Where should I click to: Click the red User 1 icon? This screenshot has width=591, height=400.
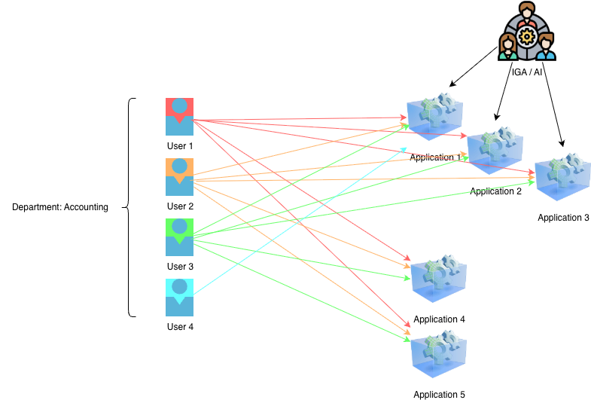click(x=179, y=116)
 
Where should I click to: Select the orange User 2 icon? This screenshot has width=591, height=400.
click(x=179, y=176)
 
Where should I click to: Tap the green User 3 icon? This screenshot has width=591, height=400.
click(x=179, y=237)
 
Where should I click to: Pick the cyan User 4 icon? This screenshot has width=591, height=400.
click(x=179, y=297)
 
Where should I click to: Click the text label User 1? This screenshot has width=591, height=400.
click(x=180, y=146)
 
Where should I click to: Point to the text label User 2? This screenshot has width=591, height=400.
click(x=180, y=206)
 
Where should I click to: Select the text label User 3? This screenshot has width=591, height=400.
click(x=180, y=267)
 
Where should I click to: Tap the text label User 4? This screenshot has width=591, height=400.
click(x=180, y=327)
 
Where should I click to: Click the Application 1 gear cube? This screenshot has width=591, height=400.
click(x=434, y=117)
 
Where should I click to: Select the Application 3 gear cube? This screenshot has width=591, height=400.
click(x=562, y=177)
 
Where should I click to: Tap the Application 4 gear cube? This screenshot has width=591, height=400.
click(x=438, y=279)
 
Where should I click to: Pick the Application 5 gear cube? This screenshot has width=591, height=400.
click(x=438, y=354)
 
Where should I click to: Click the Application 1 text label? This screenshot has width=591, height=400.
click(x=435, y=157)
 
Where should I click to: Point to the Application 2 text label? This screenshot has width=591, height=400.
click(x=495, y=191)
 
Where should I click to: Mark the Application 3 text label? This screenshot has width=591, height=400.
click(x=563, y=218)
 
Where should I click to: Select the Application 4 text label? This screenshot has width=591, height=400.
click(x=439, y=319)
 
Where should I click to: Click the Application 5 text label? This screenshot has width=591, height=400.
click(x=439, y=395)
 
